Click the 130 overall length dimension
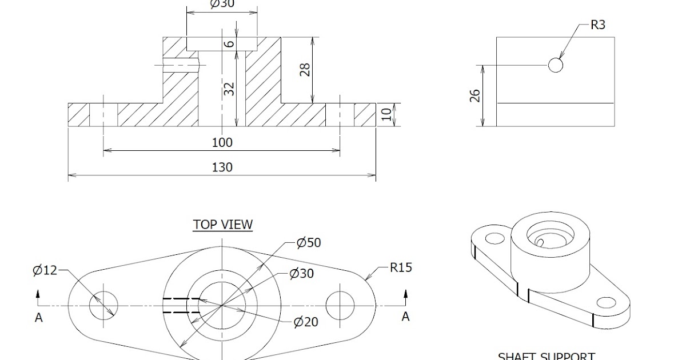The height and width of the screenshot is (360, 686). coord(222,167)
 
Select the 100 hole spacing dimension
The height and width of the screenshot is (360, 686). coord(222,142)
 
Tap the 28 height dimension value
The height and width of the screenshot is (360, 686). coord(305,70)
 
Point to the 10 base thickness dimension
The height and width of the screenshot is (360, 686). coord(388,114)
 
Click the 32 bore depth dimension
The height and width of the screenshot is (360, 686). coord(229,89)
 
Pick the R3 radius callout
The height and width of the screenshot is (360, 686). coord(597,25)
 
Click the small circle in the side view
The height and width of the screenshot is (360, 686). coord(555,65)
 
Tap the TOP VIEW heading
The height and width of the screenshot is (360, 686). coord(222,225)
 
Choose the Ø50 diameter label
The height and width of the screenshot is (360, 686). coord(309,242)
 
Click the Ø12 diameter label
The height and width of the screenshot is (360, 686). coord(45,270)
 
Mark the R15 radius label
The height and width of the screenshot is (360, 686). coord(401,267)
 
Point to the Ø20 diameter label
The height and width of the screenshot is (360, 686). coord(306,322)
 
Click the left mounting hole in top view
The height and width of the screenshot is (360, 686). coord(103,305)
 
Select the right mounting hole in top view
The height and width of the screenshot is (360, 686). coord(340,305)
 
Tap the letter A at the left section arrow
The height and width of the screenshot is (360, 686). coord(39,318)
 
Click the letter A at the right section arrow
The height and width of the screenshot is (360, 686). coord(405,317)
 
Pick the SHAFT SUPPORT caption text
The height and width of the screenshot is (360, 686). coord(546,356)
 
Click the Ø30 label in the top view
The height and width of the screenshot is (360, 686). coord(302,274)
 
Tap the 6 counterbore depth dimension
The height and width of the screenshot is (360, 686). coord(229,44)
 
